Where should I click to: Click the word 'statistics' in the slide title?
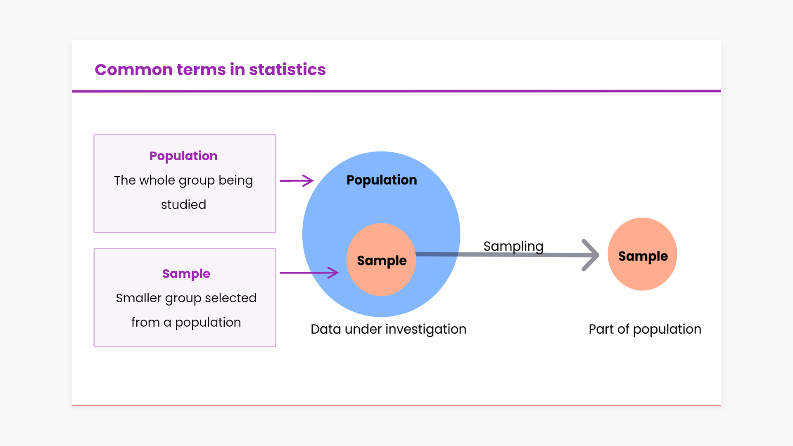(x=287, y=70)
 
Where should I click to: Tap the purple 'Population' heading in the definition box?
(x=183, y=156)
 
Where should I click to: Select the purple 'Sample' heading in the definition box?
(x=186, y=274)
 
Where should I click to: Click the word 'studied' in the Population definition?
(x=183, y=204)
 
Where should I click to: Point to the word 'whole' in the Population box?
(x=157, y=180)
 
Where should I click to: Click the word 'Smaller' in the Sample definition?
(x=138, y=298)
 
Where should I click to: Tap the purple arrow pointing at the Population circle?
(x=297, y=180)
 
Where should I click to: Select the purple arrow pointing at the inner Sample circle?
(x=309, y=273)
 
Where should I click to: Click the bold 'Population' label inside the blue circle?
(x=382, y=180)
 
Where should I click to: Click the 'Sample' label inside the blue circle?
(x=382, y=261)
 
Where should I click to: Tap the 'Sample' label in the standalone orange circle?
(x=643, y=256)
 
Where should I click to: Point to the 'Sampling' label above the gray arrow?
(x=513, y=247)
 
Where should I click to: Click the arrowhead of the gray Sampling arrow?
(x=591, y=255)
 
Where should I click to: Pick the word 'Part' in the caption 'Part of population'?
(x=601, y=329)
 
